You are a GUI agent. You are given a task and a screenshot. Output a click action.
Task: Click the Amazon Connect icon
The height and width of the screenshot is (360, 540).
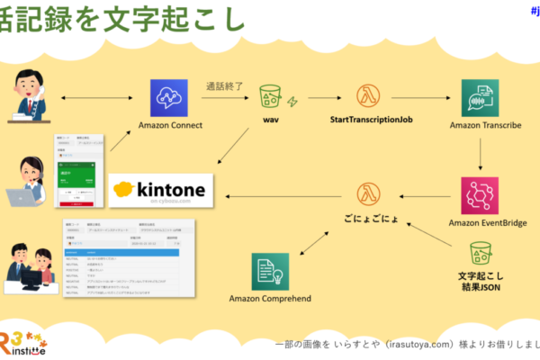coord(169,98)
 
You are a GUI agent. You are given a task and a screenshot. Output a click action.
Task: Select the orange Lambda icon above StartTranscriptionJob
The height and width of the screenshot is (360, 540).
coord(365,97)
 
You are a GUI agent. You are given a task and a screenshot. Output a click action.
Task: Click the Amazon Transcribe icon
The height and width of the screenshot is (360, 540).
coord(479,97)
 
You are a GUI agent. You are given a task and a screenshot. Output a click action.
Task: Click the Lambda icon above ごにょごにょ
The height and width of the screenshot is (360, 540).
coord(365,194)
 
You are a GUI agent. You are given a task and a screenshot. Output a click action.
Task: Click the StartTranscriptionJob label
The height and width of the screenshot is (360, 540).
coord(365,120)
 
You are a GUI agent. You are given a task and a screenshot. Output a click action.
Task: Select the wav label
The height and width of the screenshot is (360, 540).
coord(270,120)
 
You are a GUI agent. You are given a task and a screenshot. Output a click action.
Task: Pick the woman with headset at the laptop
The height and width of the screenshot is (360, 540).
coord(27,181)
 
